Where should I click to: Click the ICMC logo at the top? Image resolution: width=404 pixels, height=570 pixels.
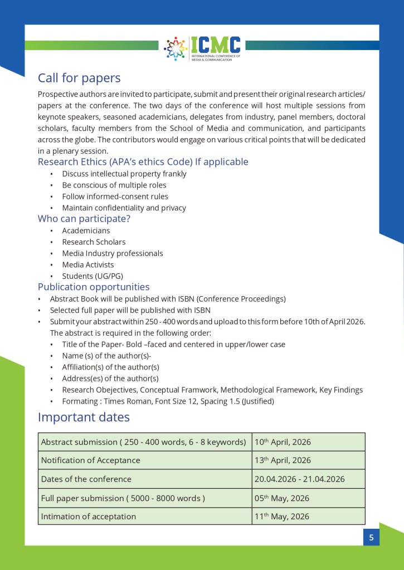[202, 48]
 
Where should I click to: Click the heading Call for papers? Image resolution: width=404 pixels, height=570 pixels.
[79, 78]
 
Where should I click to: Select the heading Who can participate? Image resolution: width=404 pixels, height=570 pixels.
[84, 219]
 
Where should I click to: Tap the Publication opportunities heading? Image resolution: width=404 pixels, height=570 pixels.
[94, 287]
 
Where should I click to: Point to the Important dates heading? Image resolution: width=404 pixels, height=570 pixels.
[84, 417]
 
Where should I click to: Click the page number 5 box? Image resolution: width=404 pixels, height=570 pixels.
[371, 538]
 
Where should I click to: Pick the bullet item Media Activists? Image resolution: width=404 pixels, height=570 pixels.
[88, 265]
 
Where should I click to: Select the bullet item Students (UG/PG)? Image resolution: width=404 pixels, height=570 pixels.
[93, 276]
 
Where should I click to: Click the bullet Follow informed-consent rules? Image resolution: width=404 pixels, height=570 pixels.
[115, 196]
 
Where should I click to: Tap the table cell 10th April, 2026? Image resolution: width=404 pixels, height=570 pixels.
[283, 443]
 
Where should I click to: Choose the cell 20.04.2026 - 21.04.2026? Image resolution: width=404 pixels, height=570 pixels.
[300, 479]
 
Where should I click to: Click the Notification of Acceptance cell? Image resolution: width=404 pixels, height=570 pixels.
[91, 461]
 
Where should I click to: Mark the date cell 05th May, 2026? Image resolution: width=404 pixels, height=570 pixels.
[282, 498]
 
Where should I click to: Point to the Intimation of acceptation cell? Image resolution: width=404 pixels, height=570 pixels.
[89, 517]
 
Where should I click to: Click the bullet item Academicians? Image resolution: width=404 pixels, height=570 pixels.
[86, 230]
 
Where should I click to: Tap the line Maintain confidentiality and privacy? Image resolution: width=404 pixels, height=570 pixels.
[124, 208]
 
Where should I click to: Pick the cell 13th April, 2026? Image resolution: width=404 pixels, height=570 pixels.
[283, 461]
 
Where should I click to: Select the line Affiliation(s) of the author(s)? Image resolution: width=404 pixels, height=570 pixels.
[111, 367]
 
